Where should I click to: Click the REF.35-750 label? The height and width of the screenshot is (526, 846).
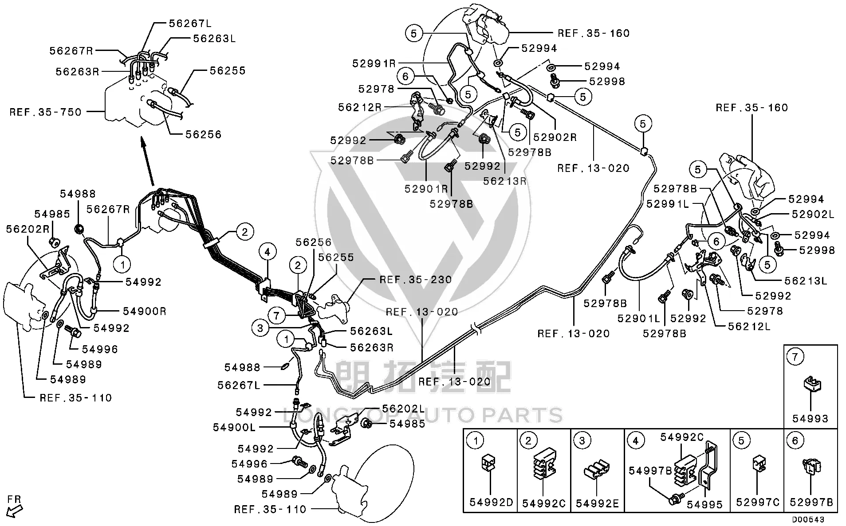(46, 112)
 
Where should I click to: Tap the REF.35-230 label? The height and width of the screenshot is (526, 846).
(416, 280)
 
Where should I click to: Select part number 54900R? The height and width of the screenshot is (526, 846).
(145, 311)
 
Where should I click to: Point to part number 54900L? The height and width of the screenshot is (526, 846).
(234, 427)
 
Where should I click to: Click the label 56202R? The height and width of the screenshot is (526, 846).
(28, 229)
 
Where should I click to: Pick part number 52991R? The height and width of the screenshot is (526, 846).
(374, 63)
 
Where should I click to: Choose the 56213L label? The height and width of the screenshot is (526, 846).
(806, 281)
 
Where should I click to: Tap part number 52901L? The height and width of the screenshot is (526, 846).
(639, 318)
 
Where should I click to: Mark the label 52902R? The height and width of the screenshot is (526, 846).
(555, 137)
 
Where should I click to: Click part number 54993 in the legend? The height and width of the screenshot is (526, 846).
(811, 418)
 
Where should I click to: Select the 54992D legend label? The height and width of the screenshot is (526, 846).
(491, 502)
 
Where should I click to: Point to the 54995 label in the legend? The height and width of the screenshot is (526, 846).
(705, 504)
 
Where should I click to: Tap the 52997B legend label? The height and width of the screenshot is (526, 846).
(811, 502)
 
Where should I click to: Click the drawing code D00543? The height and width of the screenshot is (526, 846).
(808, 519)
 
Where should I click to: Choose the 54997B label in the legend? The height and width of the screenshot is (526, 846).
(650, 470)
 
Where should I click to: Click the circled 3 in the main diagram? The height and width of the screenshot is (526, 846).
(260, 328)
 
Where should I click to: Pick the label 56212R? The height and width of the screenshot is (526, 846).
(360, 107)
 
